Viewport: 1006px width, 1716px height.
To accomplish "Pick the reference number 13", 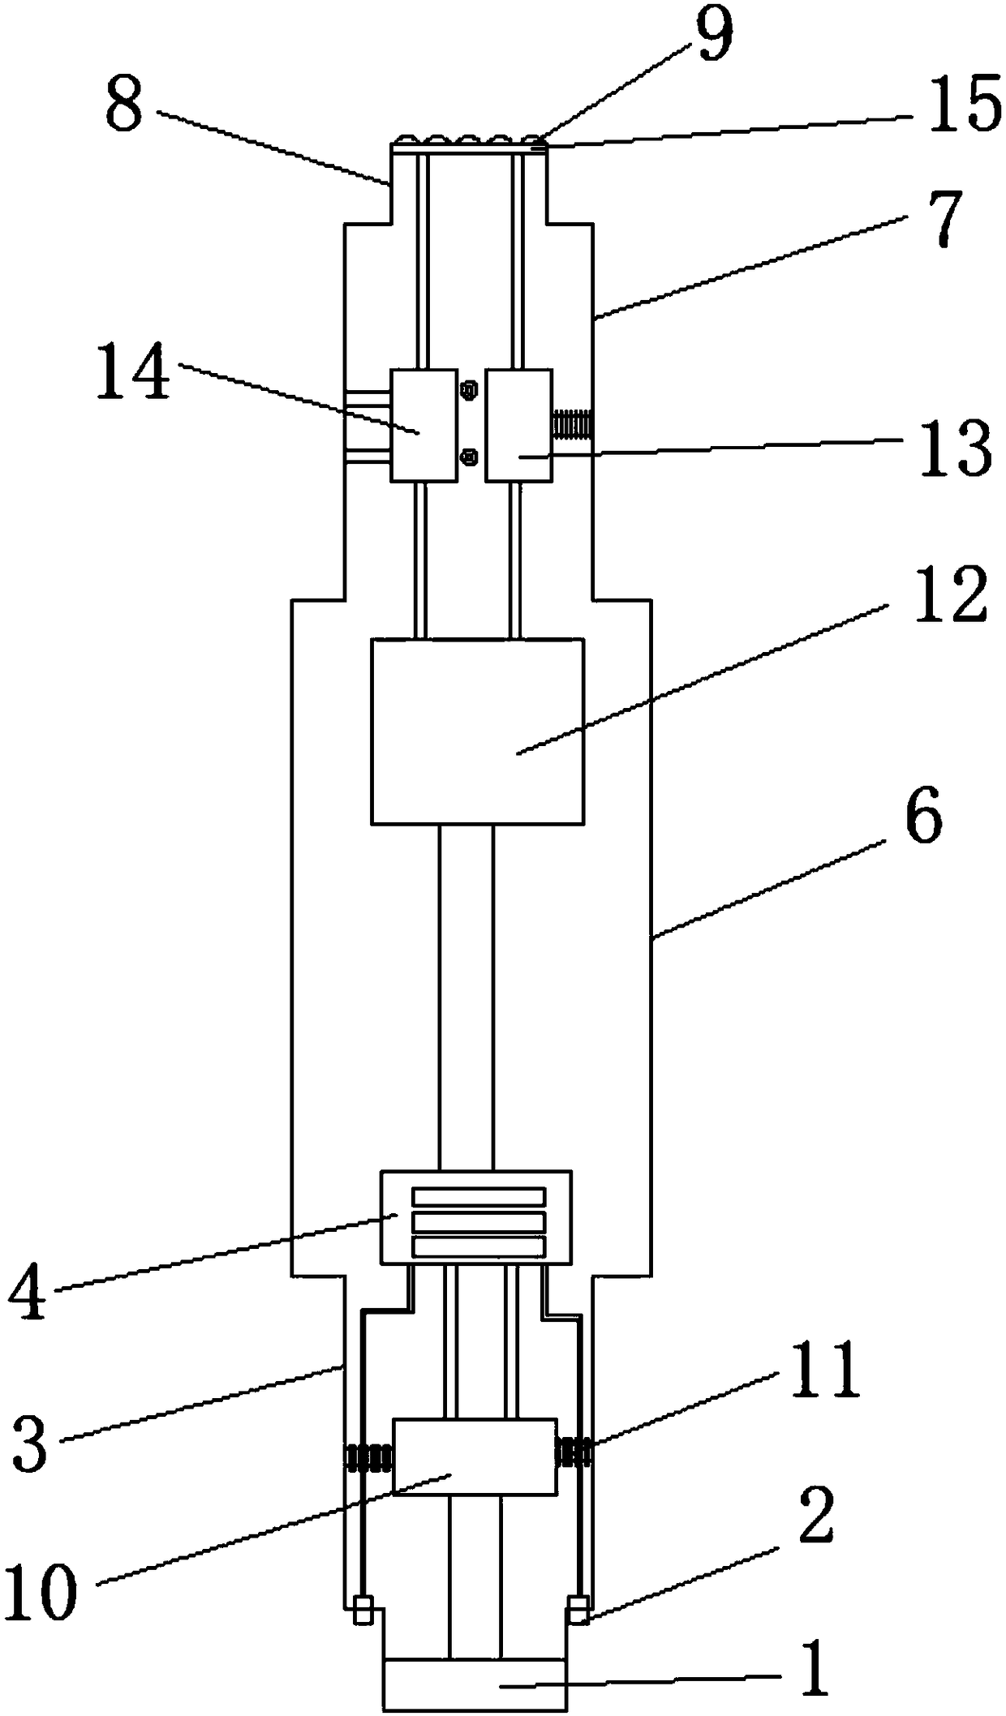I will click(954, 448).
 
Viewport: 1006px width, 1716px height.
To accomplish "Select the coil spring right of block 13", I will click(573, 425).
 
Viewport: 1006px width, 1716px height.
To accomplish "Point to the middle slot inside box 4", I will click(479, 1221).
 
